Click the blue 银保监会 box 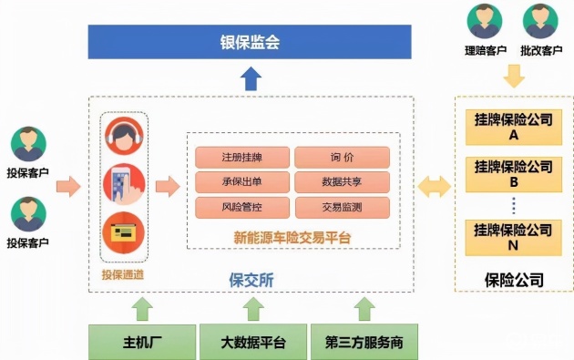250,42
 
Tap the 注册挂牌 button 242,157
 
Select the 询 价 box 343,157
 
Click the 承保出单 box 242,181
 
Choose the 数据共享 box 343,181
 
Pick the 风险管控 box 242,206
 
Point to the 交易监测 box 343,206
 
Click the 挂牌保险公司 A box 513,127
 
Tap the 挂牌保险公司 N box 513,237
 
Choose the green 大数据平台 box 252,343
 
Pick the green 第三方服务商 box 364,343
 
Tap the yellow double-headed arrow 433,188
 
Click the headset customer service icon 126,138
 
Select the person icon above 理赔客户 484,21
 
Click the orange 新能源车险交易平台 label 292,237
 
